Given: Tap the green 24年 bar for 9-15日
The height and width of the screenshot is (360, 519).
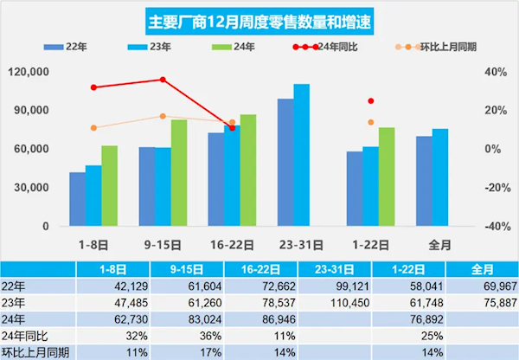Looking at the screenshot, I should tap(179, 172).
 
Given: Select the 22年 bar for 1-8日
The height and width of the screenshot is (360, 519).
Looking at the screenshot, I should tap(78, 198).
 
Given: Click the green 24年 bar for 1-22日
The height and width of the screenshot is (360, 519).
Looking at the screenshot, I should tap(387, 177).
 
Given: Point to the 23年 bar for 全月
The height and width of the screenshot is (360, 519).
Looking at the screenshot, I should tap(440, 177).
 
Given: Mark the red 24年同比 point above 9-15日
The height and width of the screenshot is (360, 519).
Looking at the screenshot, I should tap(163, 80).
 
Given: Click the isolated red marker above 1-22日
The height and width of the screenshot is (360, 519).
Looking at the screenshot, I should tap(371, 101).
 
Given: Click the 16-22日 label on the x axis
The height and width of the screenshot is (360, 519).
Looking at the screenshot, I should tap(232, 244).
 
